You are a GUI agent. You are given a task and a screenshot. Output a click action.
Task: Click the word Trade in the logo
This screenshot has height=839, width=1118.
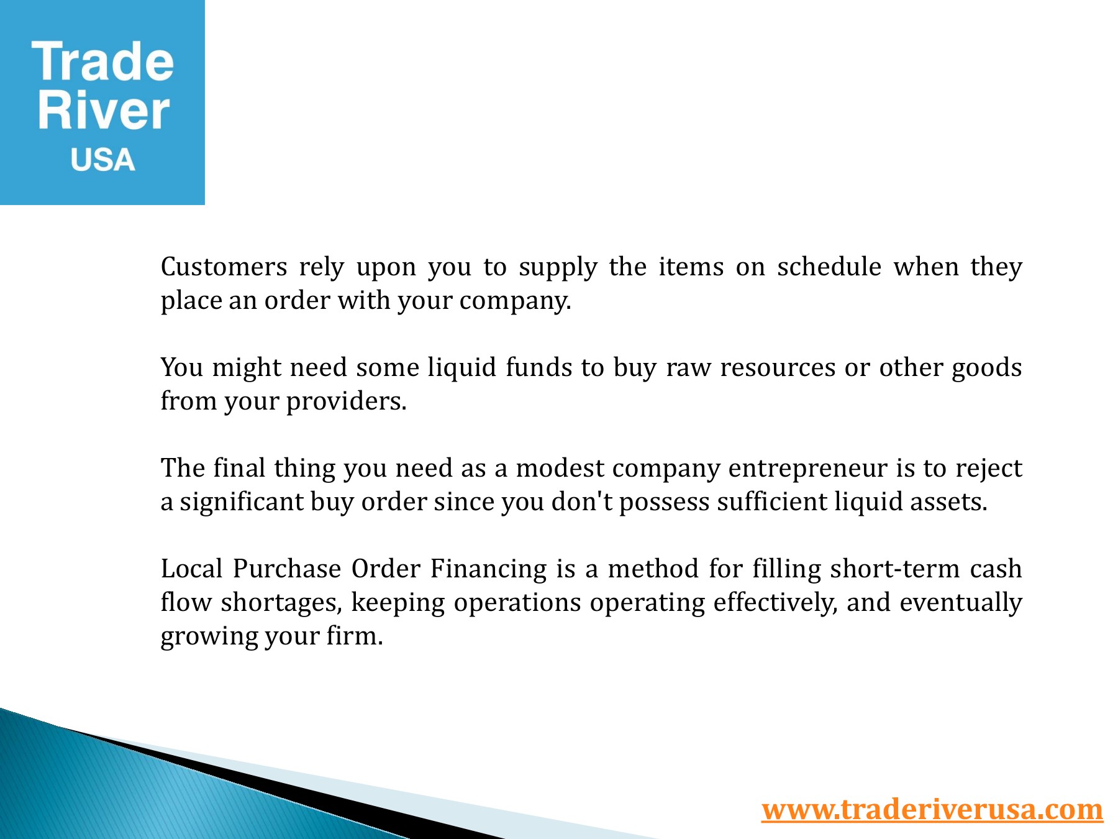[x=102, y=62]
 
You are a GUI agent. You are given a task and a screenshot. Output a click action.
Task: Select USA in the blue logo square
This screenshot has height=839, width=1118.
[x=102, y=160]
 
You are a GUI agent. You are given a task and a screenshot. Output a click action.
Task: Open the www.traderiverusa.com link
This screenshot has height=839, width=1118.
[x=932, y=809]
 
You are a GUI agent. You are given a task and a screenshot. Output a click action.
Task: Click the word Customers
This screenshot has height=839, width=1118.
[x=224, y=267]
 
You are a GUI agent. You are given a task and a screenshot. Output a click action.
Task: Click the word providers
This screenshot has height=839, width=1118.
[x=346, y=401]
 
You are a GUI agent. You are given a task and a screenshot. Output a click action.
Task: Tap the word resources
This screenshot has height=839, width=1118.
[x=778, y=368]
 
